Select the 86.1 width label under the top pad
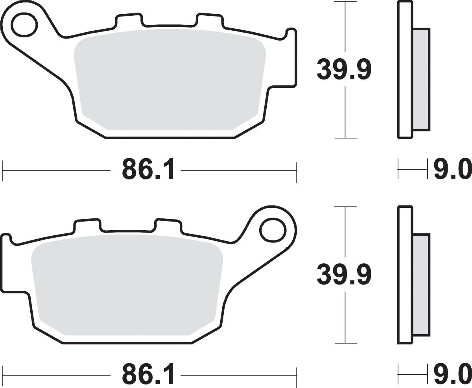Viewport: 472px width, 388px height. pos(148,170)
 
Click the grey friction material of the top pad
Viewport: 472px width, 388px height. pos(169,79)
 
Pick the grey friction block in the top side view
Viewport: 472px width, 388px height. pos(421,79)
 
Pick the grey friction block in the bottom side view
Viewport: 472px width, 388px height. pos(421,283)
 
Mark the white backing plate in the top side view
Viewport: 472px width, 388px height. pos(405,71)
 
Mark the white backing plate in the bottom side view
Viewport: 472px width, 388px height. pos(405,275)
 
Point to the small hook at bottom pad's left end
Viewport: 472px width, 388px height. pos(7,238)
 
